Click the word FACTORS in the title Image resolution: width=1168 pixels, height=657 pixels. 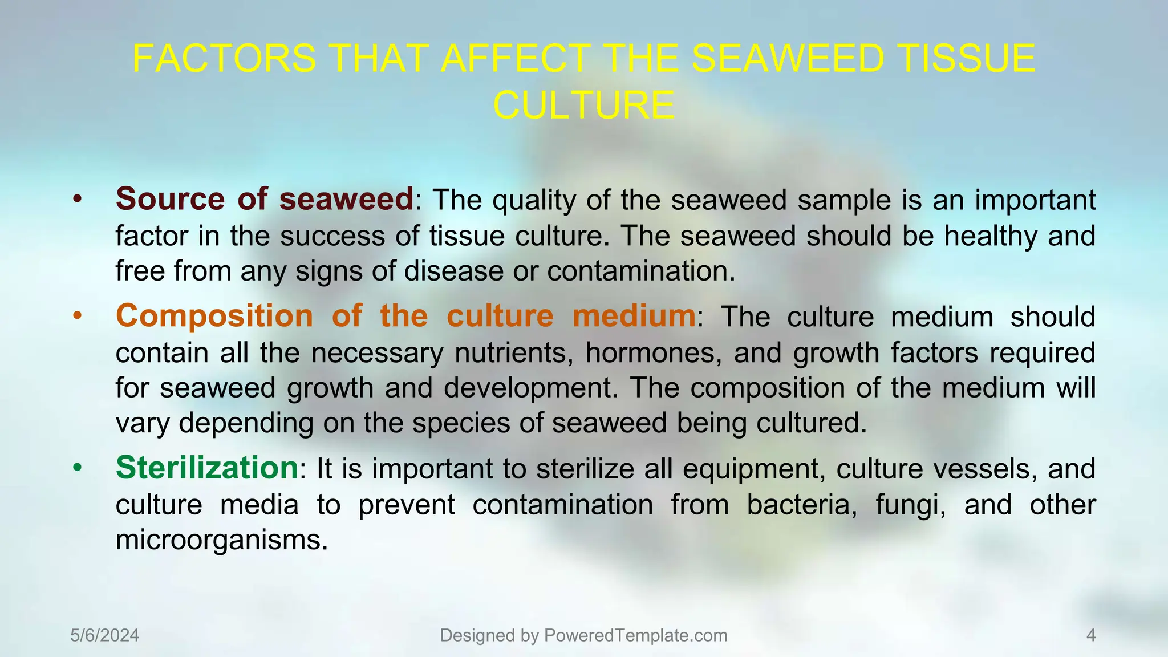click(x=224, y=58)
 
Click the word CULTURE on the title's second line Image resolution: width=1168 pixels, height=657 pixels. click(x=583, y=106)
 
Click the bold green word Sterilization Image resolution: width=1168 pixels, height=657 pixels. click(x=207, y=468)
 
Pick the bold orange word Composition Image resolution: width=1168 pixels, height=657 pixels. click(x=214, y=316)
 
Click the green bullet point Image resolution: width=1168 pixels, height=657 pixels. click(x=78, y=468)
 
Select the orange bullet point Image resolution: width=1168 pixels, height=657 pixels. click(x=78, y=316)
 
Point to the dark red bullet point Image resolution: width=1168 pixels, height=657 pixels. click(x=78, y=200)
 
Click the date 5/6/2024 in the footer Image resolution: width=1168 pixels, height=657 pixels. click(x=105, y=635)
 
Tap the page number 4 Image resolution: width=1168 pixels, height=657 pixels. click(x=1091, y=635)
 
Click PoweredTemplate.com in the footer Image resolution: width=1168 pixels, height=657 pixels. click(x=635, y=635)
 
